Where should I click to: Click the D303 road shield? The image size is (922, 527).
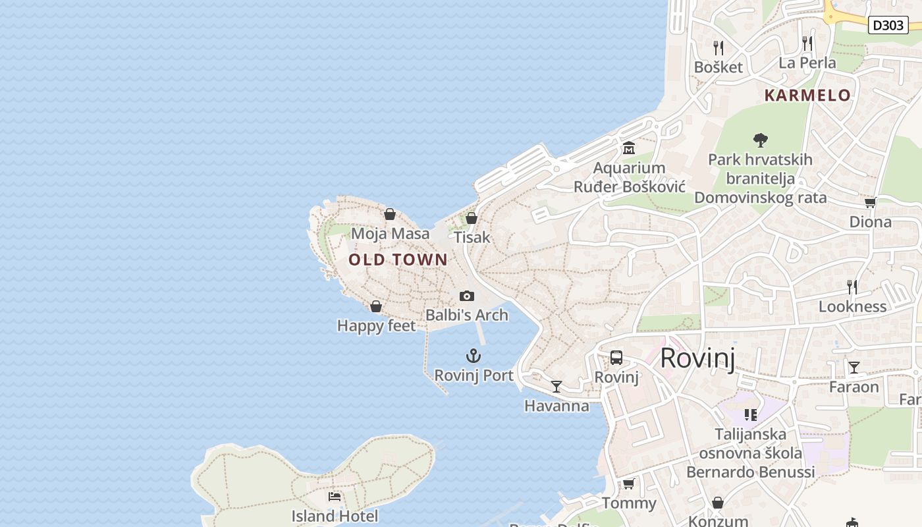tap(888, 25)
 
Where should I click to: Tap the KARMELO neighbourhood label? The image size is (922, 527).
tap(807, 96)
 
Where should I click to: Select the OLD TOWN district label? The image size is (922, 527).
tap(398, 260)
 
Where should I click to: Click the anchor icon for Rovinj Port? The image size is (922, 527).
tap(474, 356)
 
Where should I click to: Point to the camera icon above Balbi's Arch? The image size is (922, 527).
tap(467, 296)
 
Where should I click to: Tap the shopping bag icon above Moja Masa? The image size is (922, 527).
tap(390, 214)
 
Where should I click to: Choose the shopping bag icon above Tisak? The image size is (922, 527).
tap(472, 218)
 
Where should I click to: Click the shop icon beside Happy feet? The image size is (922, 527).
tap(376, 306)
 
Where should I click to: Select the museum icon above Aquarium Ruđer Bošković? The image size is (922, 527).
tap(629, 148)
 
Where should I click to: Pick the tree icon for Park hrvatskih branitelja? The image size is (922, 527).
tap(761, 140)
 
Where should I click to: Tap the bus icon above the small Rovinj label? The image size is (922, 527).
tap(616, 358)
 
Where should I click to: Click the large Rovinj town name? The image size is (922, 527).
tap(697, 358)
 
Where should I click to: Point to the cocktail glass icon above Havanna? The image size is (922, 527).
tap(556, 386)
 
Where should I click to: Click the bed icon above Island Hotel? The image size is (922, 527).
tap(335, 496)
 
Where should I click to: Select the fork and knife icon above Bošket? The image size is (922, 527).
tap(719, 47)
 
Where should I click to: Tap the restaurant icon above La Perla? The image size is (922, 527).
tap(807, 43)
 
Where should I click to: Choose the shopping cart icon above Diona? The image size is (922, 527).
tap(870, 203)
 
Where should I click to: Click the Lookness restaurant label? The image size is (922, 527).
tap(852, 306)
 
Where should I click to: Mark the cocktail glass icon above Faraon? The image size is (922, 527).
tap(854, 367)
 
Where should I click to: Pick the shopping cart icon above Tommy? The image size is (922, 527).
tap(629, 484)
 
